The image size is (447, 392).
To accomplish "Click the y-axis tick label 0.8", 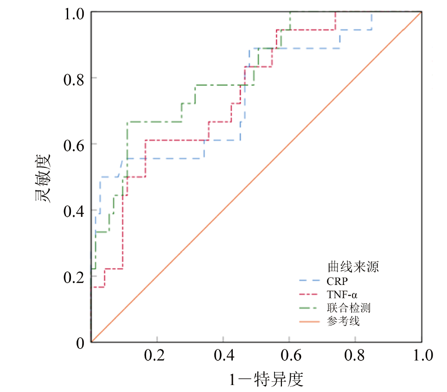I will point(74,78).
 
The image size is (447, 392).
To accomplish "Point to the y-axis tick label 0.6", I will point(74,144).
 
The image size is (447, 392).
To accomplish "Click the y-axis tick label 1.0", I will point(74,13).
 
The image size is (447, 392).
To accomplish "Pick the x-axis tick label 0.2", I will point(157,356).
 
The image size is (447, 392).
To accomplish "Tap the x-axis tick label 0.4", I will point(223,356).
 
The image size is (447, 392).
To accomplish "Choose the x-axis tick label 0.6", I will point(289,356).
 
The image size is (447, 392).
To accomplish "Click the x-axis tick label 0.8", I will point(355,356).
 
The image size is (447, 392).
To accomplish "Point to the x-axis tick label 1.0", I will point(421,356).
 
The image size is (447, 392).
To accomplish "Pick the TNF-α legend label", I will point(342,294).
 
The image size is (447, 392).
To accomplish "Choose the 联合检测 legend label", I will point(348,308).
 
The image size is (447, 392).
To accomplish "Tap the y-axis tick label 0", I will point(80,343).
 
